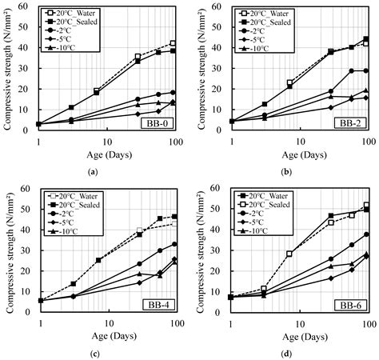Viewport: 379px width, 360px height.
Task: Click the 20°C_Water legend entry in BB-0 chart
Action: [64, 14]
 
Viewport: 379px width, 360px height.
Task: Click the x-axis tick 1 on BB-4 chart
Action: [39, 328]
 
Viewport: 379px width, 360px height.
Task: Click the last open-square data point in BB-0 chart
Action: [173, 43]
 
